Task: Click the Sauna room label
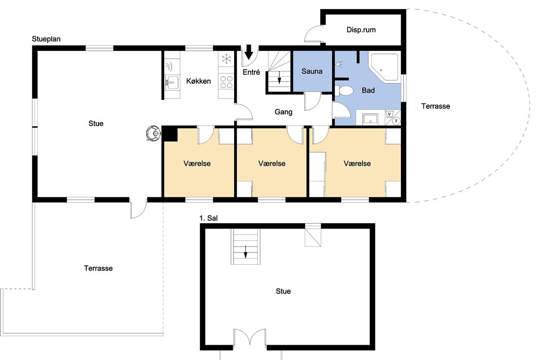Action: (312, 71)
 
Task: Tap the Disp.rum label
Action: (361, 30)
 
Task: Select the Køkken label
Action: (198, 81)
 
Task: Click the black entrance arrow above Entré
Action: (248, 52)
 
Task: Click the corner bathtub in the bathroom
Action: (384, 67)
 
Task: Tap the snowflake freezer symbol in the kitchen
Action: (226, 59)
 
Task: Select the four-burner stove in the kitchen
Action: (226, 82)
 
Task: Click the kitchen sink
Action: (172, 82)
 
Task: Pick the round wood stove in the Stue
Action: (153, 133)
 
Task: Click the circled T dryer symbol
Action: (396, 121)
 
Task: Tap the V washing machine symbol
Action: (389, 114)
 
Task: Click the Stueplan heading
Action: (46, 39)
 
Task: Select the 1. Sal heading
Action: (208, 218)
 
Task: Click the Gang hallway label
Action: (283, 112)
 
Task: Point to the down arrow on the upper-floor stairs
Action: (246, 252)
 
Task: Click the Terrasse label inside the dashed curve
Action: (436, 106)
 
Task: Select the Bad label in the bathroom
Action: (368, 90)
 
